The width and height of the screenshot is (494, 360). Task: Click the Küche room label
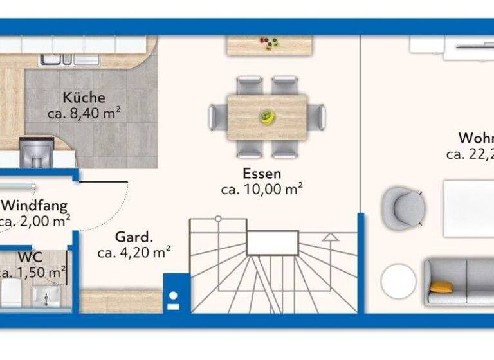pos(84,98)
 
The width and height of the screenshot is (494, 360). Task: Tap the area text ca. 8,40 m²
pos(84,114)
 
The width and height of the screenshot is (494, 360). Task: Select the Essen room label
pos(262,174)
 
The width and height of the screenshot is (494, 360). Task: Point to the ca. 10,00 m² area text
pos(262,190)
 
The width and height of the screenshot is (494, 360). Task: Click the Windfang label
pos(35,206)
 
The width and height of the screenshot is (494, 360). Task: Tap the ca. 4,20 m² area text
pos(134,252)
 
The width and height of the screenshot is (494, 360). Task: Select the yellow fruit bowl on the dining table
pos(266,117)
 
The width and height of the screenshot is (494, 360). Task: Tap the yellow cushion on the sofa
pos(441,287)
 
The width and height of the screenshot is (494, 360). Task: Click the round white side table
pos(399,282)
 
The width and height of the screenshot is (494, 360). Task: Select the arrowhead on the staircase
pos(331,237)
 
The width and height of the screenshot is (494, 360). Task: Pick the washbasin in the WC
pos(46,297)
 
